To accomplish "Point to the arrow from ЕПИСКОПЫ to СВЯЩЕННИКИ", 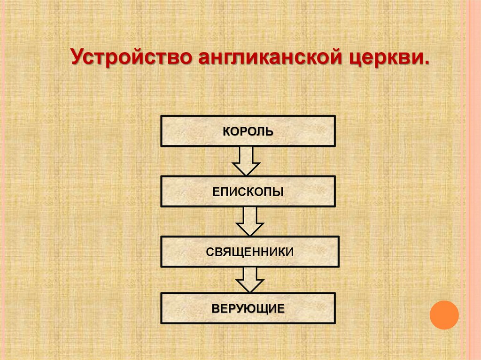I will (x=249, y=221).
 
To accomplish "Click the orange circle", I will (x=444, y=314).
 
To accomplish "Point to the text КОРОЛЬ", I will (x=248, y=131).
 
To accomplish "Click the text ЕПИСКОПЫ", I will (x=248, y=191).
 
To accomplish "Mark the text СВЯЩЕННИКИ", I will (x=249, y=252).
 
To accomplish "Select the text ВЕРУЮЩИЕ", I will (x=248, y=309).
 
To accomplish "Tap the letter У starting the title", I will (x=77, y=58).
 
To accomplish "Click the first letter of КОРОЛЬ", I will (x=226, y=131).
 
